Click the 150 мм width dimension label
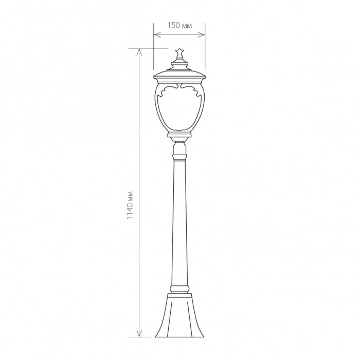point(179,25)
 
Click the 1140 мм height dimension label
point(130,205)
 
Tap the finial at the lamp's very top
point(179,53)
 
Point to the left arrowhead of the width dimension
point(157,35)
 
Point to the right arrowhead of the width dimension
point(202,35)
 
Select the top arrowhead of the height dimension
point(139,52)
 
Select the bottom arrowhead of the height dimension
point(139,334)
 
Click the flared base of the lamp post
point(179,315)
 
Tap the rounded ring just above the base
point(179,289)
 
